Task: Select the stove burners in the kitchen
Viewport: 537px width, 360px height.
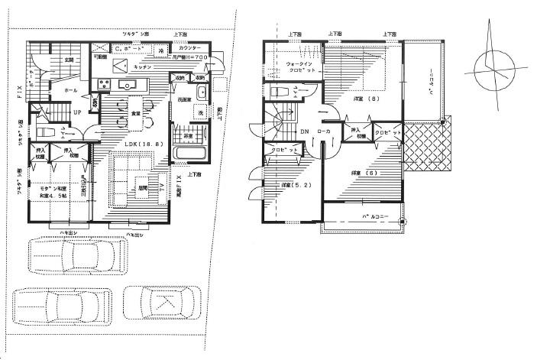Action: [103, 85]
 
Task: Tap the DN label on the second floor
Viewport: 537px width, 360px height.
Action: [304, 131]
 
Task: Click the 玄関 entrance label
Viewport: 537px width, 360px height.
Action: [69, 59]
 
